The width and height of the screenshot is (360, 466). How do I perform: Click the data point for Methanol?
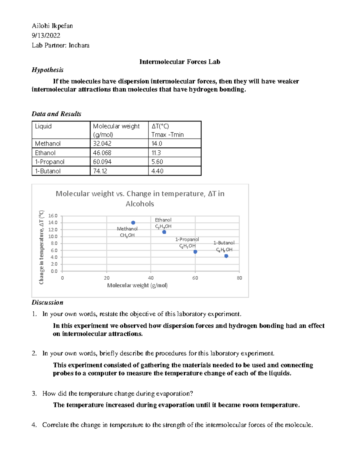click(x=133, y=223)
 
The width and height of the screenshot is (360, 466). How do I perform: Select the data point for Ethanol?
click(x=164, y=232)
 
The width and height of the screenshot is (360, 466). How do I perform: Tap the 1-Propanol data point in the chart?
click(x=195, y=252)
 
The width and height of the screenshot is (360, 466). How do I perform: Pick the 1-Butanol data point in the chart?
click(x=226, y=256)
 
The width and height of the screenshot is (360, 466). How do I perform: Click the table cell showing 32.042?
click(x=102, y=143)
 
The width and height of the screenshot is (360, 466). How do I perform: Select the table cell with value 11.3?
click(x=156, y=153)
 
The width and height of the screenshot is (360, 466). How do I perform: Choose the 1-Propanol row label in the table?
click(x=50, y=162)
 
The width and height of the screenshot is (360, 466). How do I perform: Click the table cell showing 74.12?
click(x=100, y=171)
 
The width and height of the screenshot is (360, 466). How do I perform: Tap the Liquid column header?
click(x=43, y=126)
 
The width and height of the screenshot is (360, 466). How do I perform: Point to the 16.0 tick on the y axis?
click(x=53, y=216)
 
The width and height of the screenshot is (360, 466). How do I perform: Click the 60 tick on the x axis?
click(x=195, y=278)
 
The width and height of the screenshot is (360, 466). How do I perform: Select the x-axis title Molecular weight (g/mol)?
click(x=137, y=285)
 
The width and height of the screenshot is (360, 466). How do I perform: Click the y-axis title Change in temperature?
click(x=41, y=247)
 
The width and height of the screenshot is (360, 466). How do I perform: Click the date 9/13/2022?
click(x=46, y=35)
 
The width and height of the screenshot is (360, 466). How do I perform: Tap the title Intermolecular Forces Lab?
click(x=180, y=62)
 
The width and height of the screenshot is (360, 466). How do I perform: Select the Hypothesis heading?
click(x=48, y=70)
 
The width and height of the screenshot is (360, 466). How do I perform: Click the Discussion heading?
click(x=47, y=302)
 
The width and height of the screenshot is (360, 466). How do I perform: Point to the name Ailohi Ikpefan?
click(x=52, y=26)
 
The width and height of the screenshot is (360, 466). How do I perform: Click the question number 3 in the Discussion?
click(x=34, y=393)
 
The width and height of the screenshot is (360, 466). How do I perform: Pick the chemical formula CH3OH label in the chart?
click(x=127, y=235)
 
